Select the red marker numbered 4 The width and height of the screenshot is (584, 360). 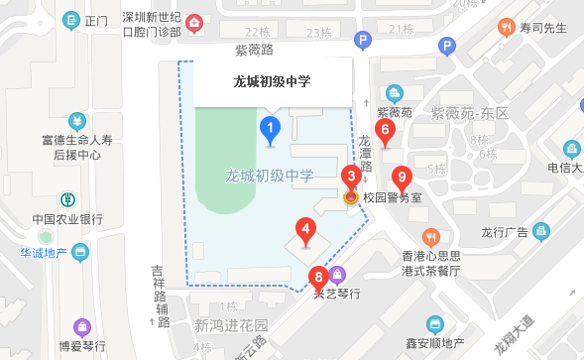[305, 231]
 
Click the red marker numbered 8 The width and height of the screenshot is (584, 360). [318, 277]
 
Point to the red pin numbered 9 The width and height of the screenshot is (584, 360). [402, 179]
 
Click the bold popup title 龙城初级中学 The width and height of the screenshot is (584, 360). [272, 82]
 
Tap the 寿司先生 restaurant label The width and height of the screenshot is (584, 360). [544, 28]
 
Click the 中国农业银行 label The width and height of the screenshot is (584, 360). [67, 219]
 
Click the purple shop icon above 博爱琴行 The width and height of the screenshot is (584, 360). [80, 324]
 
